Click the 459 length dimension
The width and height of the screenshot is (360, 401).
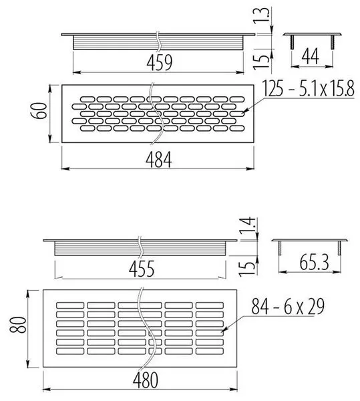click(x=160, y=62)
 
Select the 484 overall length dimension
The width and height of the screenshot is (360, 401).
click(x=159, y=160)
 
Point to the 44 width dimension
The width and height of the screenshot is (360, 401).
click(x=311, y=56)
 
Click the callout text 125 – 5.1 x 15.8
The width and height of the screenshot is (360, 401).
click(x=309, y=89)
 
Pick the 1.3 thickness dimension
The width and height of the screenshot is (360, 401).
click(x=260, y=16)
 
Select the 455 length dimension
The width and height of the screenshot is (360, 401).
click(x=142, y=269)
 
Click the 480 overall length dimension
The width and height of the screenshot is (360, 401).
click(x=146, y=380)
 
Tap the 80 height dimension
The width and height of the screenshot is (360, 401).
click(x=18, y=325)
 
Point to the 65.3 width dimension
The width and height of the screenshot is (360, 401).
click(x=314, y=263)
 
